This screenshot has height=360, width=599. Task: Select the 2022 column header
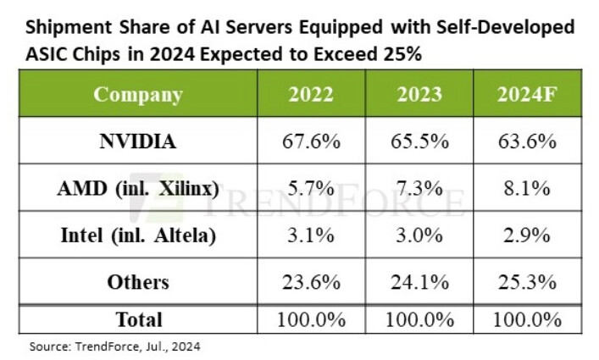(x=310, y=93)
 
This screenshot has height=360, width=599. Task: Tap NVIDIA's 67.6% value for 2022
(x=310, y=141)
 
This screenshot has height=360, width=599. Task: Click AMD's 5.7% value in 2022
(x=310, y=189)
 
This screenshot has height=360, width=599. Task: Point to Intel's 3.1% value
(x=310, y=235)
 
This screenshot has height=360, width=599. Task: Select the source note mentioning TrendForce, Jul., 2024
(x=115, y=346)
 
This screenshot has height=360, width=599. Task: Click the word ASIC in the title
(x=49, y=53)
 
